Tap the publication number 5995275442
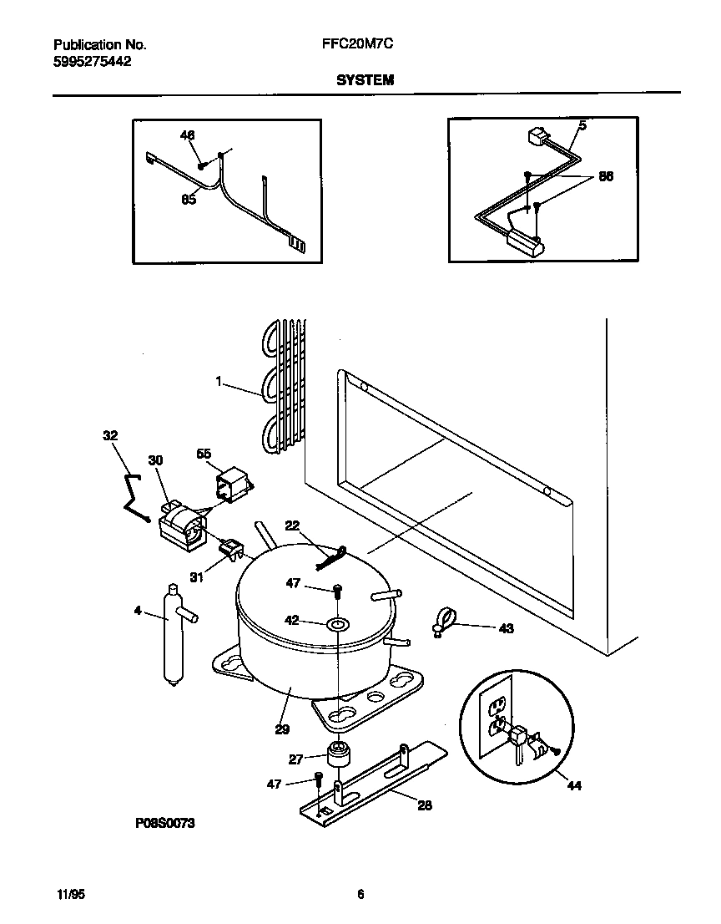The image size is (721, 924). (92, 61)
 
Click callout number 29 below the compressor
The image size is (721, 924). (282, 729)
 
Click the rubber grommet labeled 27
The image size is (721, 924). (338, 755)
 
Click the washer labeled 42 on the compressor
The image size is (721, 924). (338, 624)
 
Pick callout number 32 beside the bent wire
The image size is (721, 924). (110, 435)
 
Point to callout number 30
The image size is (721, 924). (155, 460)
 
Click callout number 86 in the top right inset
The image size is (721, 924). (606, 177)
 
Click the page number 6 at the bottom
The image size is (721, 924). (360, 893)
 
